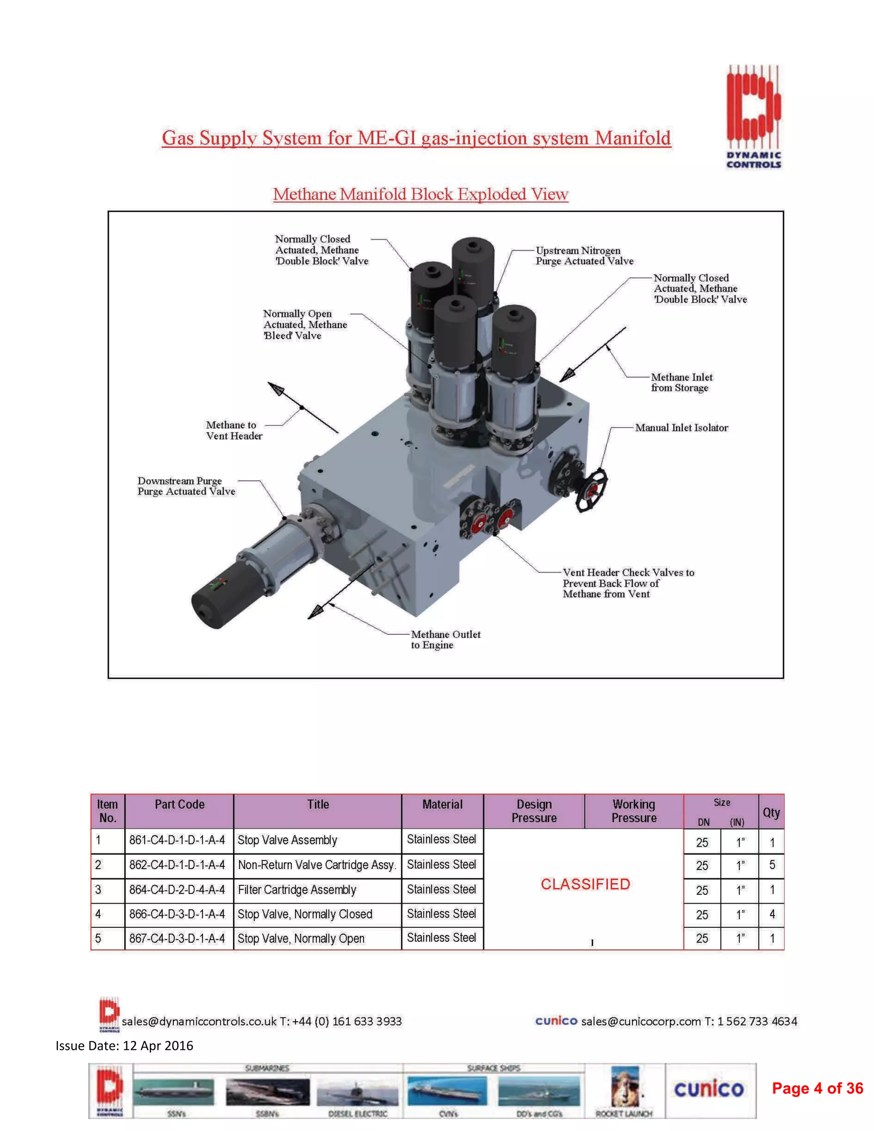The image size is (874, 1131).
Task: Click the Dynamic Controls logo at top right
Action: pos(753,117)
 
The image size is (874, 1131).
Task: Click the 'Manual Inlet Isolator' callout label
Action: pos(682,428)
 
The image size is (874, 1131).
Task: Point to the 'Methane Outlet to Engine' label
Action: pos(445,640)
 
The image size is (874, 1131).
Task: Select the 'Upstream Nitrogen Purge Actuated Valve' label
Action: pos(584,256)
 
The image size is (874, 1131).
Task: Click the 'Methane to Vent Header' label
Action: pos(233,430)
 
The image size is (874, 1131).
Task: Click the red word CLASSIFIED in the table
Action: pos(585,884)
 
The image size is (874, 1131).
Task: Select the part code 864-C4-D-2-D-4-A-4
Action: pos(177,890)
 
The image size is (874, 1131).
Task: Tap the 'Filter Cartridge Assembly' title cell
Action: pos(297,890)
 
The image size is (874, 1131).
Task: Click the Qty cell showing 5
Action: pos(772,865)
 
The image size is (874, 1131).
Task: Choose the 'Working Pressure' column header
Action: pos(634,811)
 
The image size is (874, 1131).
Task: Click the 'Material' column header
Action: pos(442,804)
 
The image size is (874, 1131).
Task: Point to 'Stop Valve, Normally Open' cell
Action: pos(301,939)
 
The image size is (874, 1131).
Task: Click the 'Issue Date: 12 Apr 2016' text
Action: pos(124,1046)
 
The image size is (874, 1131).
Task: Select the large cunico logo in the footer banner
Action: pos(708,1089)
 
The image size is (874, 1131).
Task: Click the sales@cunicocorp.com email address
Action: pos(641,1021)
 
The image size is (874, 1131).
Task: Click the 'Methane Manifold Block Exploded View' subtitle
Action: pos(420,194)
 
